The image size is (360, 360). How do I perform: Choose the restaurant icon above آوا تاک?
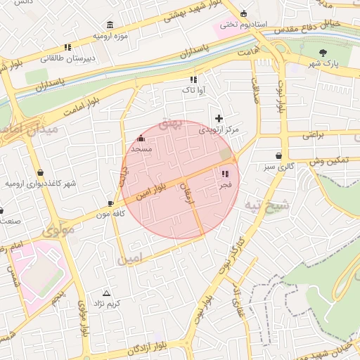(193, 79)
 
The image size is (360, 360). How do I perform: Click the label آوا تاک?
(192, 90)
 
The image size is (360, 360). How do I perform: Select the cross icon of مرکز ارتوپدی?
(219, 118)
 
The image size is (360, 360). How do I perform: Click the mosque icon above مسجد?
(141, 139)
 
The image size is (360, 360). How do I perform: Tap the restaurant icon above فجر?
(226, 173)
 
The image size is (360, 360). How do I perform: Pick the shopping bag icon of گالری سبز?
(280, 155)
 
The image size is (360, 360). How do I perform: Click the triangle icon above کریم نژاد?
(107, 292)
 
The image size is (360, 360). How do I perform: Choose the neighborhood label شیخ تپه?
(266, 205)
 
